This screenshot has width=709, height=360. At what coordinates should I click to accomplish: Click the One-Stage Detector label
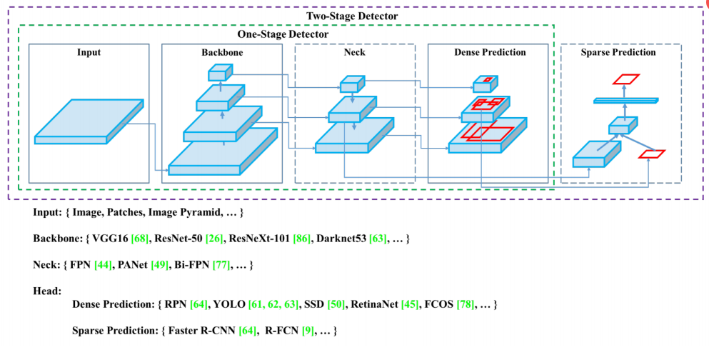coord(282,34)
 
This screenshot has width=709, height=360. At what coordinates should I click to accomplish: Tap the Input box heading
coord(89,52)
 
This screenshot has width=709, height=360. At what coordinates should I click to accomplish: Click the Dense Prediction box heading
coord(490,52)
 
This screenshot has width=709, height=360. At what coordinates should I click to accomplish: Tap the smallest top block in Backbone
coord(220,72)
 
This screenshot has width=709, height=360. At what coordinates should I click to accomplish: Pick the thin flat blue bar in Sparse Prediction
coord(626,101)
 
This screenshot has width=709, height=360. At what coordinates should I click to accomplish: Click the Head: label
coord(48,291)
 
